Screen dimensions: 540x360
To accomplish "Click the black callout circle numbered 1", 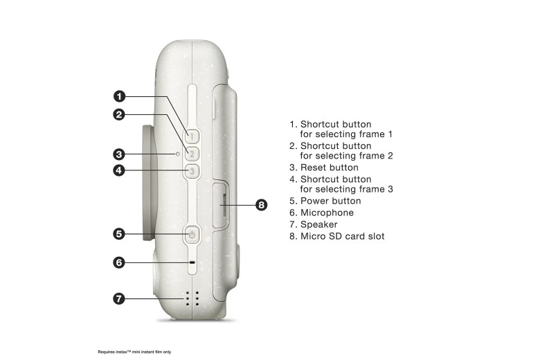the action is [x=119, y=96].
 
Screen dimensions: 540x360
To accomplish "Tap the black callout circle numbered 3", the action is [x=119, y=154].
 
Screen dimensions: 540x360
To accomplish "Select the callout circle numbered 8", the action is [x=262, y=205].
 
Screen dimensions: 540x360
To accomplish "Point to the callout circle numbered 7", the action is [x=119, y=298].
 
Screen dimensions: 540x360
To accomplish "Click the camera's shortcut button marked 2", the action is [x=192, y=154].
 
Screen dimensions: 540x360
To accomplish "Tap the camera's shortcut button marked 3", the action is [x=192, y=171].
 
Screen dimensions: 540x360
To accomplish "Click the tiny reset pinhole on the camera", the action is [x=178, y=154].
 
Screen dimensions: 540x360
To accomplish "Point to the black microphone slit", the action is [x=192, y=262].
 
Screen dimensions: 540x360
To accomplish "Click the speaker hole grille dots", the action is [x=192, y=298].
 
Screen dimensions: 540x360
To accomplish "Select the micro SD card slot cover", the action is [x=221, y=206].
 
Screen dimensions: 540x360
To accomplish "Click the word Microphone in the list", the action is [x=327, y=213].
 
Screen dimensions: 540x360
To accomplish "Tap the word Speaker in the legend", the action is [x=319, y=224].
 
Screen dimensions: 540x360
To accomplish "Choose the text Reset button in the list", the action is [x=330, y=168].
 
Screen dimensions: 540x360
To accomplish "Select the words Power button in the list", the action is [x=331, y=201].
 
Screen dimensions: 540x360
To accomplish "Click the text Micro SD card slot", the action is [x=342, y=236].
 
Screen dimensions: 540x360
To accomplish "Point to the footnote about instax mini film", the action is [x=134, y=352].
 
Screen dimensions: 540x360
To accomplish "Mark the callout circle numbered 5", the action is [x=119, y=233].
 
